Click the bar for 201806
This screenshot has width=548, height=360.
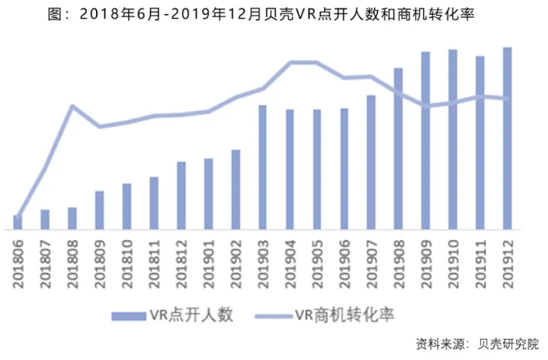(18, 222)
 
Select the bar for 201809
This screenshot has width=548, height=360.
(99, 210)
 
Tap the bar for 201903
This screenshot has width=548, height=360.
(262, 167)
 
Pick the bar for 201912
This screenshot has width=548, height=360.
(507, 138)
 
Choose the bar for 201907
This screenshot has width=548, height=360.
(372, 162)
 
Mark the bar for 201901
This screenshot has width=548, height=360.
(208, 194)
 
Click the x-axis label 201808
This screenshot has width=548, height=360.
(73, 265)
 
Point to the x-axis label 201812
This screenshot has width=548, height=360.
(181, 265)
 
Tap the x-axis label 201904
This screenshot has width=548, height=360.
(290, 265)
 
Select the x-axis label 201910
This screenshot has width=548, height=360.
(453, 265)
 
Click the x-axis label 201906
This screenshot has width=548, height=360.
(344, 265)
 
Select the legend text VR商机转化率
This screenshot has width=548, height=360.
(344, 315)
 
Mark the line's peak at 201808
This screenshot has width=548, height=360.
(72, 105)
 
